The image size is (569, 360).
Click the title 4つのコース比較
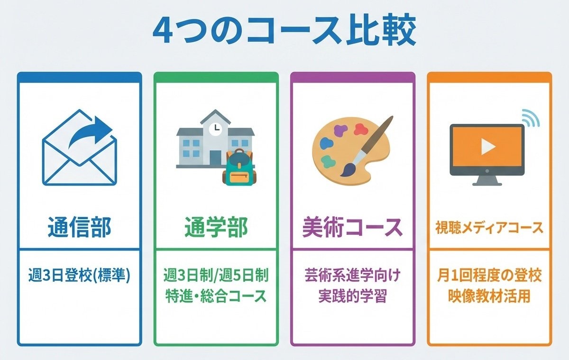284,31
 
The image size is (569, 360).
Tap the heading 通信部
79,228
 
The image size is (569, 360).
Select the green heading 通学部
216,228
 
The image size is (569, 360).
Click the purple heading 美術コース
352,228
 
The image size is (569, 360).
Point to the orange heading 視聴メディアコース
489,228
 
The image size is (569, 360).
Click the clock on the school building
216,128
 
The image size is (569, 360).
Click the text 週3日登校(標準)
79,276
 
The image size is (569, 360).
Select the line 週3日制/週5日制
216,275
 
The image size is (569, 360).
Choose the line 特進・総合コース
216,296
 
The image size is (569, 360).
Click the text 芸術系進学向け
352,275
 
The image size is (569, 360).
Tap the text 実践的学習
352,296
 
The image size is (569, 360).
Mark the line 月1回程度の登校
489,275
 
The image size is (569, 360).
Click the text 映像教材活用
489,296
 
